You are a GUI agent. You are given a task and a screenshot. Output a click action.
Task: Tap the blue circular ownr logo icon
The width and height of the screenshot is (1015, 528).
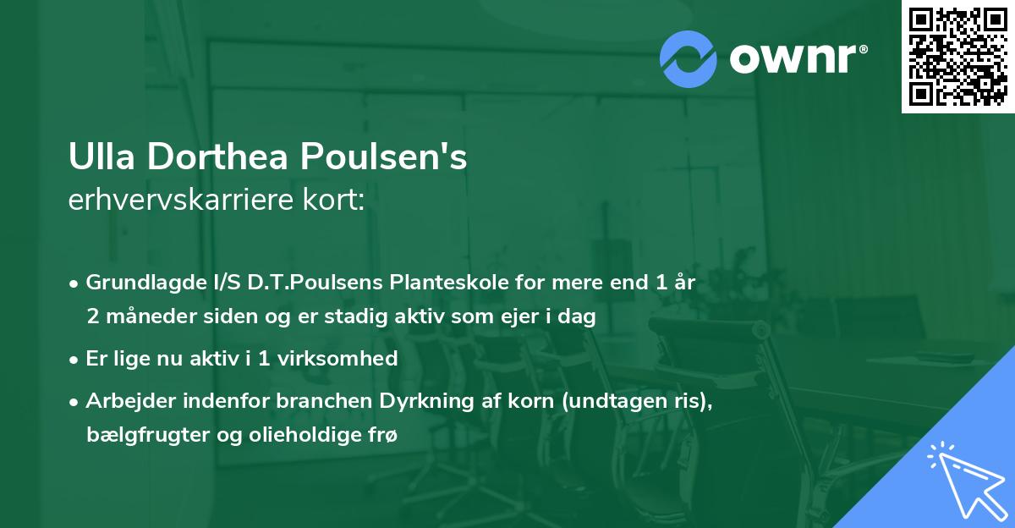click(x=688, y=59)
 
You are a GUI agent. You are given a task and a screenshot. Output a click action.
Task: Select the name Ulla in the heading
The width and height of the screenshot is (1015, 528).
click(x=96, y=158)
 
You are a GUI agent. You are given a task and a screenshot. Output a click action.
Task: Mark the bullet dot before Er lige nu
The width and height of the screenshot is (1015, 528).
click(x=74, y=359)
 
